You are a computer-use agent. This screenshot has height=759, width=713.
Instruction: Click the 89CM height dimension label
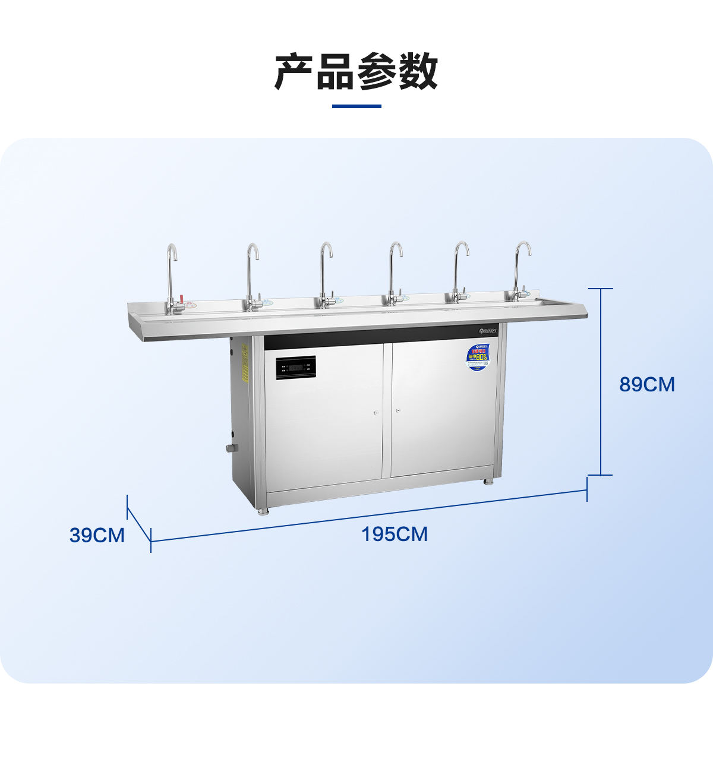tap(647, 385)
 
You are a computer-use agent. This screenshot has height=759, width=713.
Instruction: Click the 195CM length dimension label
tap(395, 535)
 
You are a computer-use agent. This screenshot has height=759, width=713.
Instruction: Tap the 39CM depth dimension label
tap(97, 535)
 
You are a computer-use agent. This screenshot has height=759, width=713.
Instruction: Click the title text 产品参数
tap(356, 72)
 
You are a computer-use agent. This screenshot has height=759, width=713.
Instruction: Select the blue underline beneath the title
tap(356, 106)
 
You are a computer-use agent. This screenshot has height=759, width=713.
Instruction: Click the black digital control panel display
tap(296, 368)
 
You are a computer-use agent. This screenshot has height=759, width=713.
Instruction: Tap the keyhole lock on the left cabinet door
tap(376, 412)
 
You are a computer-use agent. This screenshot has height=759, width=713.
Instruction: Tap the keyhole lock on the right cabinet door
tap(398, 410)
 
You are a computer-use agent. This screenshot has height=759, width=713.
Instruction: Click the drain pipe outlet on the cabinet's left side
tap(231, 448)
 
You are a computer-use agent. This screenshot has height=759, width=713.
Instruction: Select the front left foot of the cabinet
tap(262, 511)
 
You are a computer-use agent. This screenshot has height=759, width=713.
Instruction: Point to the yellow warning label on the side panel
tap(244, 363)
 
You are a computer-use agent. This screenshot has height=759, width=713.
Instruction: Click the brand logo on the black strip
tap(491, 330)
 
